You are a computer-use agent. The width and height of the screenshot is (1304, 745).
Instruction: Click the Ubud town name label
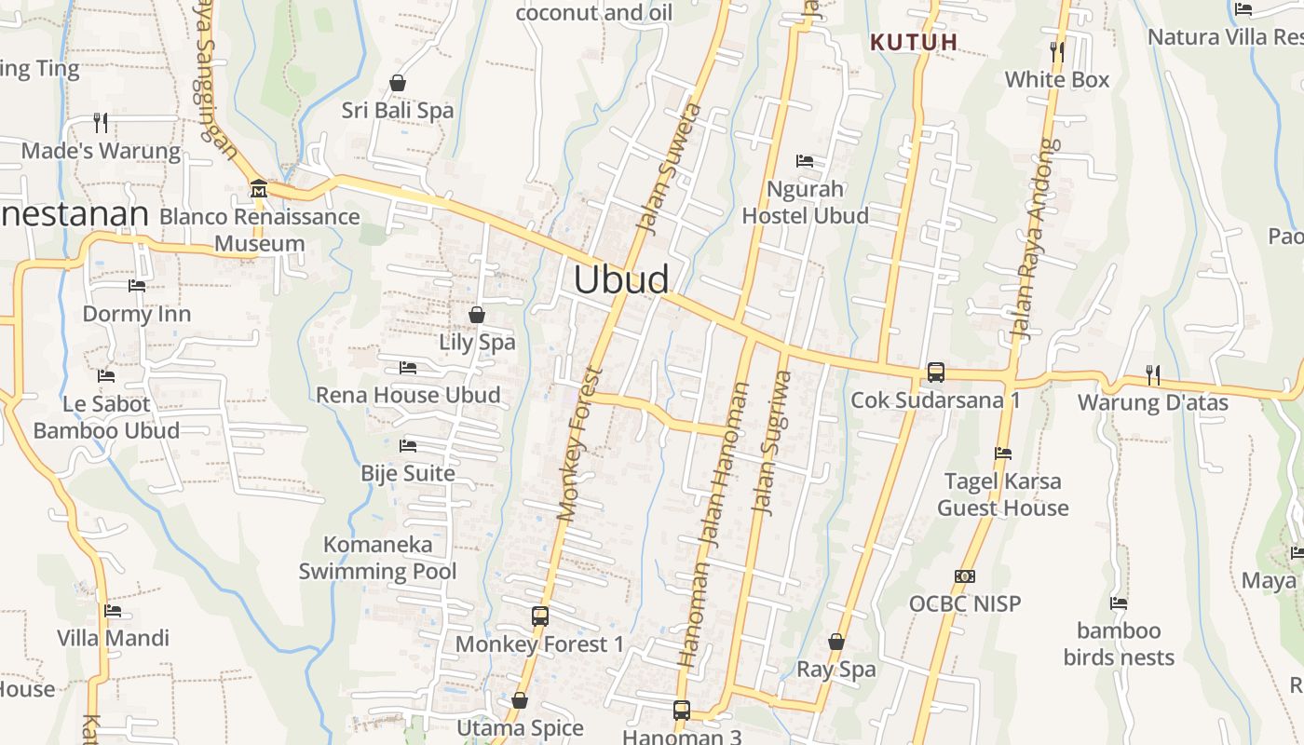[x=621, y=279]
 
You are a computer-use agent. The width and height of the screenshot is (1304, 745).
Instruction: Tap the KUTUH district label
[x=914, y=42]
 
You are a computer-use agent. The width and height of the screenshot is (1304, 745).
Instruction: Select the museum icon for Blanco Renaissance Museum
[x=258, y=189]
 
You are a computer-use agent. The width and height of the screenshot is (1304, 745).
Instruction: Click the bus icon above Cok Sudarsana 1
[x=935, y=372]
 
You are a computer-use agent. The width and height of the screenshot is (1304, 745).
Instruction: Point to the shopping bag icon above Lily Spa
[x=477, y=315]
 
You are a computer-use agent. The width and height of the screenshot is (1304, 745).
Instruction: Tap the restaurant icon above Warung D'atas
[x=1153, y=375]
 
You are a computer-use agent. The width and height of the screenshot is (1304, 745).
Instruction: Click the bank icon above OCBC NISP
[x=965, y=576]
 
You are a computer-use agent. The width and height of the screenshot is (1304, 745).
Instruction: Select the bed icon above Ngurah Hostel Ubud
[x=805, y=161]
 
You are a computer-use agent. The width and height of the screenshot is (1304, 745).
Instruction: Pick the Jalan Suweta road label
[x=667, y=168]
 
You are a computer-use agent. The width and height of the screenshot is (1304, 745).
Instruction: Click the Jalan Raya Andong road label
[x=1036, y=240]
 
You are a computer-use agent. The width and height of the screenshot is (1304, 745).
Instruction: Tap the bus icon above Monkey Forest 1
[x=540, y=616]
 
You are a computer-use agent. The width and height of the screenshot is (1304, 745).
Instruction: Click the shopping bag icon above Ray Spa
[x=836, y=642]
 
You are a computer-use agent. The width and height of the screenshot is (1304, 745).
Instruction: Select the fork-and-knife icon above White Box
[x=1056, y=51]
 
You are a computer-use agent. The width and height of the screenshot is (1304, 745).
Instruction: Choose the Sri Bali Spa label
[x=398, y=110]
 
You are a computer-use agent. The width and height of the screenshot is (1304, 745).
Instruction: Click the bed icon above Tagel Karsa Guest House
[x=1003, y=454]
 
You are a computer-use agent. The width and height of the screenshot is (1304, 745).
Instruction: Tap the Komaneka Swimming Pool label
[x=378, y=558]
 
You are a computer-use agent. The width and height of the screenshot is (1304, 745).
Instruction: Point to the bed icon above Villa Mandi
[x=113, y=611]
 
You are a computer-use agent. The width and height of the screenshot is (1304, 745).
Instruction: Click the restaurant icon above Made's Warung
[x=101, y=122]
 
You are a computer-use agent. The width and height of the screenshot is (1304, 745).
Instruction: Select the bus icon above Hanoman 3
[x=682, y=711]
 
